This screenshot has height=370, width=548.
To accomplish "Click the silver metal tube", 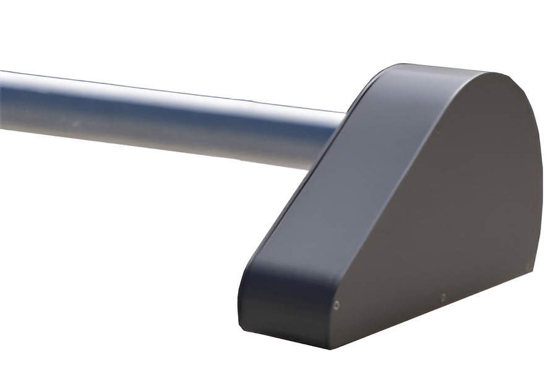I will [155, 118].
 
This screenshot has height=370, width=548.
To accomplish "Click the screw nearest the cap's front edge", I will [336, 304].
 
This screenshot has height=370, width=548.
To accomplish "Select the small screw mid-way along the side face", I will [443, 298].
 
